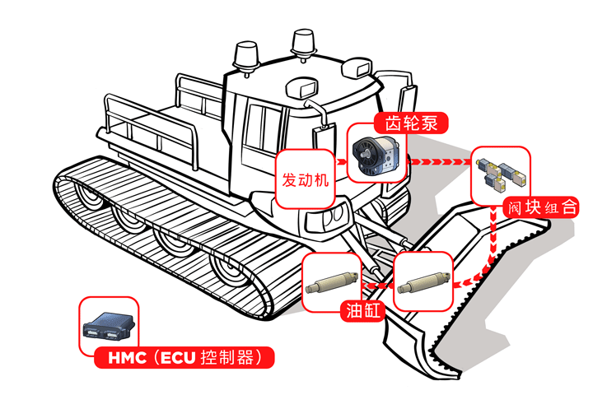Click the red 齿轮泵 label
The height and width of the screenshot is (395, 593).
tap(411, 124)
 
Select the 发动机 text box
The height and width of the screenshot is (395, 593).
tap(306, 179)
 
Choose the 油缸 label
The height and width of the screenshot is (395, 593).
tap(358, 309)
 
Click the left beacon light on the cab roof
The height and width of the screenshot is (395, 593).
tap(246, 57)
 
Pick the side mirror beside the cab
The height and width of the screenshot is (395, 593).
tap(321, 135)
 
